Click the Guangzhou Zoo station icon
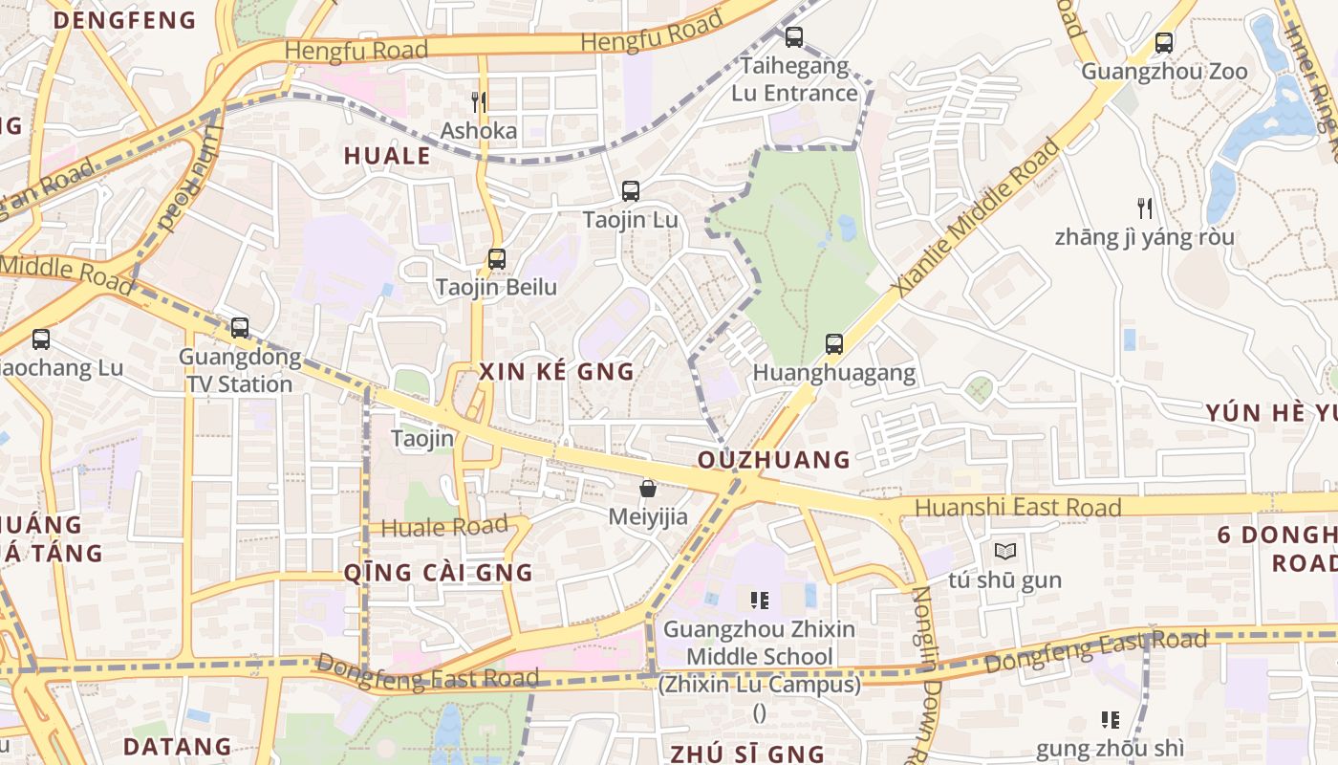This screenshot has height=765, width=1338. click(1163, 43)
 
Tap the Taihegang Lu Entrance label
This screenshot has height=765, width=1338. click(794, 79)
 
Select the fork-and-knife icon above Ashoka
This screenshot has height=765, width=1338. click(479, 101)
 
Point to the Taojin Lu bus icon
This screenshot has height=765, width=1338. click(630, 190)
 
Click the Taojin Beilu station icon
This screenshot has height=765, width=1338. click(496, 258)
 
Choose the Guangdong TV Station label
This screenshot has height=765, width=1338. click(239, 371)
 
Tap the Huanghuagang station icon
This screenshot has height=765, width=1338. click(834, 343)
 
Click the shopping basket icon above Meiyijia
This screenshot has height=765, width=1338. click(648, 489)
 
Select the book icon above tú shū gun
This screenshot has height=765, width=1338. click(1004, 552)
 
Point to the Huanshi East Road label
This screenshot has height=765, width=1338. click(1018, 507)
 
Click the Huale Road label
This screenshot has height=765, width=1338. click(444, 527)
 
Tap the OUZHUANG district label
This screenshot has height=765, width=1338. click(774, 460)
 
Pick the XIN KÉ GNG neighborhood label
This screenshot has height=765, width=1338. click(556, 372)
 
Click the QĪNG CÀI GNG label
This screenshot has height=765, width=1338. click(438, 573)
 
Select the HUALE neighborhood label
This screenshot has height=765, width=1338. click(387, 156)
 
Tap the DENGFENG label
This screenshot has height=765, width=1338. click(124, 20)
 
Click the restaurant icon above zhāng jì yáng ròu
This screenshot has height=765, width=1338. click(1144, 208)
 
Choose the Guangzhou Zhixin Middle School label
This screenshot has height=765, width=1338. click(760, 644)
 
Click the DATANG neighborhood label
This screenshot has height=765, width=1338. click(178, 746)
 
